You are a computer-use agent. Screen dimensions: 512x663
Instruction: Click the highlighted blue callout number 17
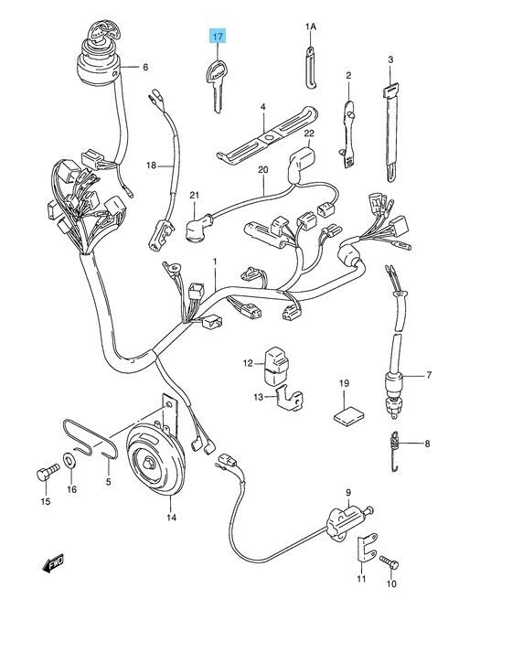(218, 37)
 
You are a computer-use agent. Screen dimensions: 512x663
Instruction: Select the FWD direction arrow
(53, 564)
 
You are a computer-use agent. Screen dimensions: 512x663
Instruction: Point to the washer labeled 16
(69, 460)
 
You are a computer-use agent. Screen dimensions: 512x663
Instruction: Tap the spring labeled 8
(394, 451)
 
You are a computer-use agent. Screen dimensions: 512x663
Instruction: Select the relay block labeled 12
(276, 366)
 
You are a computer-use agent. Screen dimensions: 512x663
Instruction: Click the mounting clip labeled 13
(290, 399)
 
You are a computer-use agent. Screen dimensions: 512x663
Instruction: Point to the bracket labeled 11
(366, 549)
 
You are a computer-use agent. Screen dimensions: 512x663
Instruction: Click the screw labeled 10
(389, 561)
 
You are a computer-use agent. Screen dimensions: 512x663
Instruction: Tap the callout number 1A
(311, 27)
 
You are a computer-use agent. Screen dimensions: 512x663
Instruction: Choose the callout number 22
(309, 134)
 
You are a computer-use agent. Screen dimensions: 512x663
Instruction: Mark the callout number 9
(348, 492)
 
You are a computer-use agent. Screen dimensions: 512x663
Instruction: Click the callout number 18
(152, 166)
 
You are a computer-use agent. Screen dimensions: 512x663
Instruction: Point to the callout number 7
(429, 375)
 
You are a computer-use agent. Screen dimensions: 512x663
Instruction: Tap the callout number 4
(263, 107)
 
